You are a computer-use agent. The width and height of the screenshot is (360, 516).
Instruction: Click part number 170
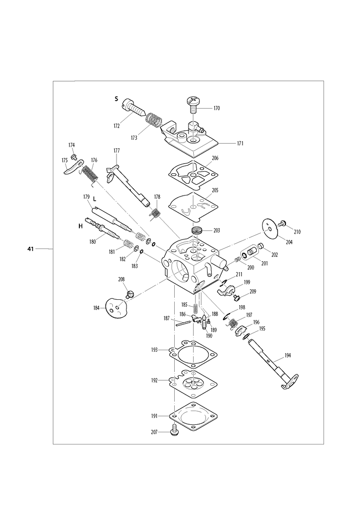pyautogui.click(x=217, y=108)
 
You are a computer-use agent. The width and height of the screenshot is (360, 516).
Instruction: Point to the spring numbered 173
pyautogui.click(x=155, y=121)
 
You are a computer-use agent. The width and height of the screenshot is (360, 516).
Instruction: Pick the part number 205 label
pyautogui.click(x=215, y=191)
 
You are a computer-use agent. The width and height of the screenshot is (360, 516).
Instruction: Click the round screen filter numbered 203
pyautogui.click(x=198, y=232)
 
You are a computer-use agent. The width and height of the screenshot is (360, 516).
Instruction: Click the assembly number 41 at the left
pyautogui.click(x=31, y=248)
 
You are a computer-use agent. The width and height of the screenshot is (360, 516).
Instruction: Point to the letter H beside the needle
pyautogui.click(x=80, y=226)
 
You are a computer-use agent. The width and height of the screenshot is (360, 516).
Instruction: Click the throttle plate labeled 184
pyautogui.click(x=118, y=308)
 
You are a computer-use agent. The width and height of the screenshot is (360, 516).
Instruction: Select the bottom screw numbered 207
pyautogui.click(x=175, y=432)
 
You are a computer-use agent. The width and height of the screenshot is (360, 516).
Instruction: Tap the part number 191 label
pyautogui.click(x=155, y=416)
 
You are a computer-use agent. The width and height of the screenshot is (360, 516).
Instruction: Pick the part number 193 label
pyautogui.click(x=155, y=350)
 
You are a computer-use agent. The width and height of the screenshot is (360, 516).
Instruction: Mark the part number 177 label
pyautogui.click(x=116, y=150)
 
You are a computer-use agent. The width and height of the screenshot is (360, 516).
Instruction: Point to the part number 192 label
pyautogui.click(x=155, y=380)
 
